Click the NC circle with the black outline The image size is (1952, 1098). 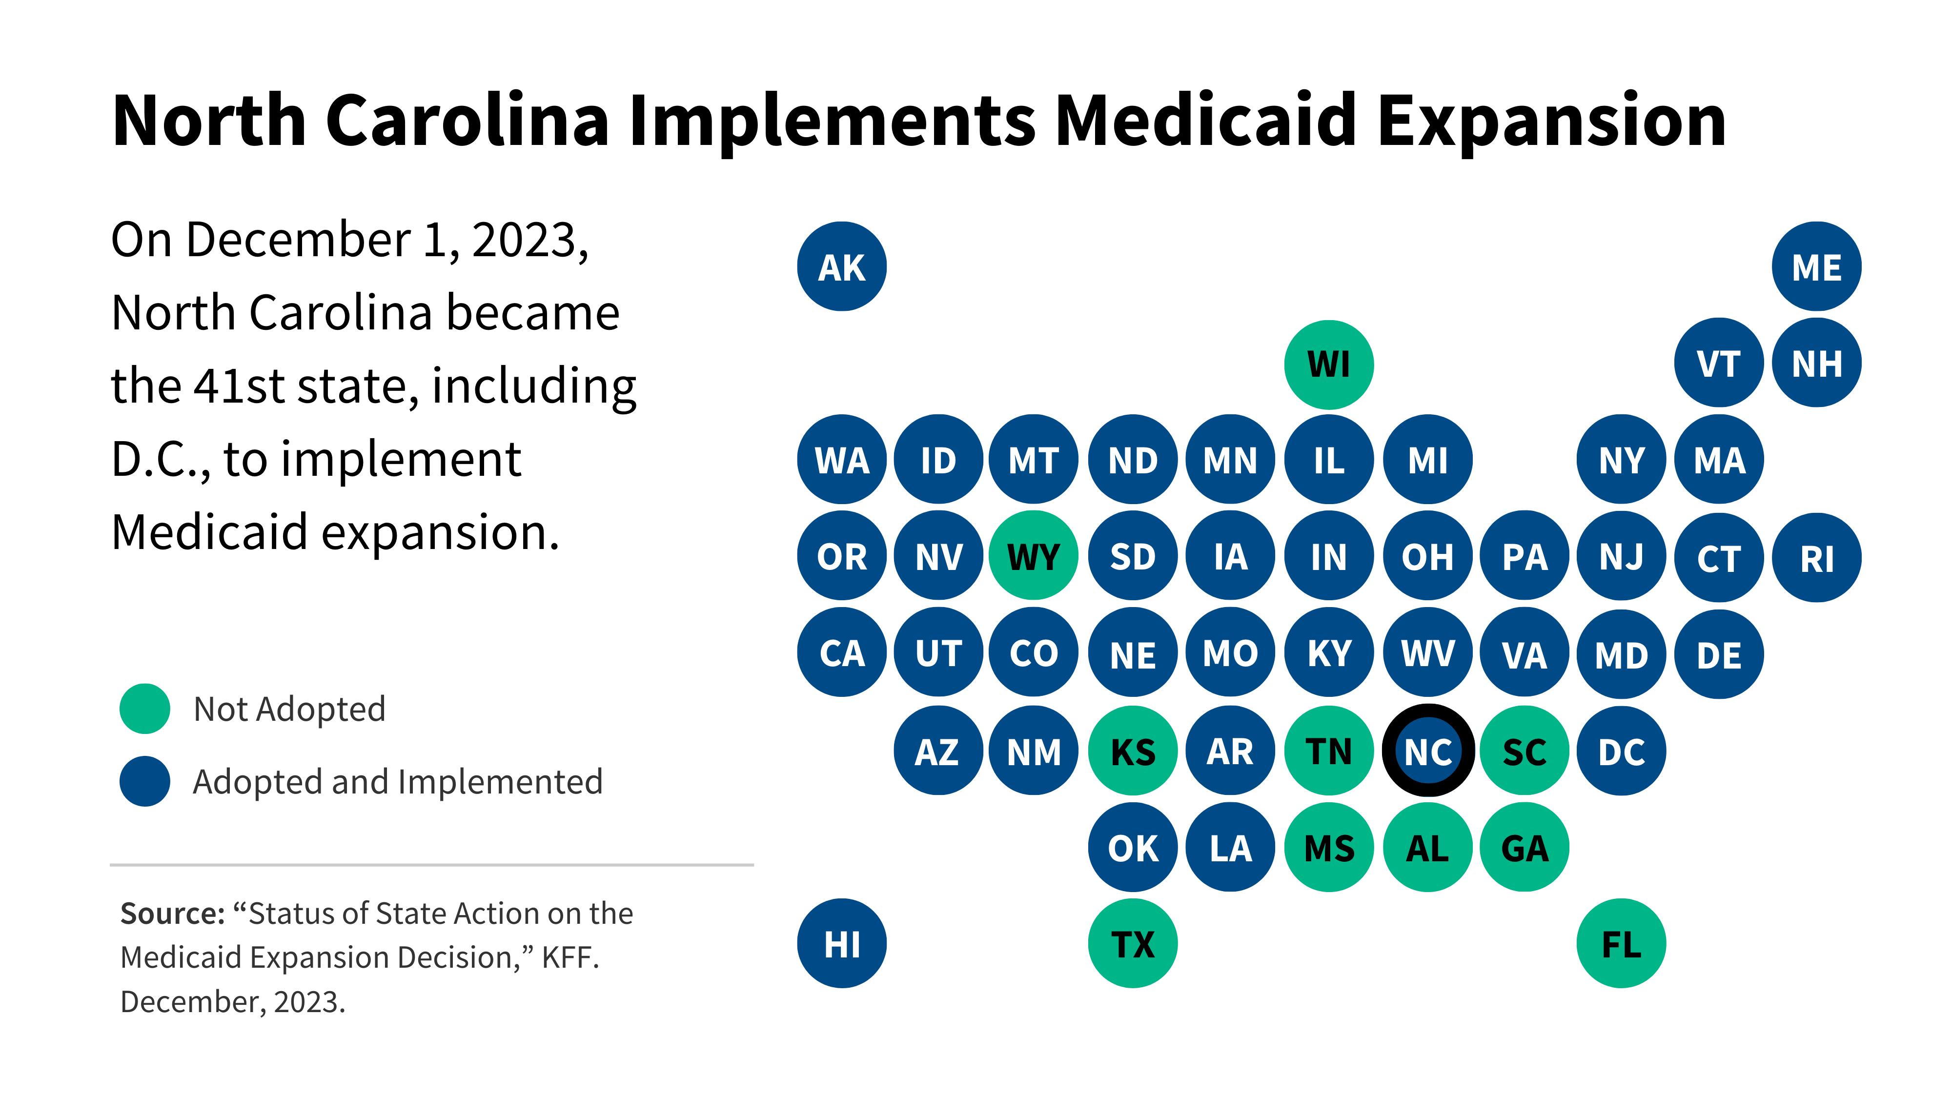point(1427,751)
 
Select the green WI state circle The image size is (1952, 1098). point(1328,365)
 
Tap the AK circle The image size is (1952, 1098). point(841,267)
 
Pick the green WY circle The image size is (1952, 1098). point(1034,557)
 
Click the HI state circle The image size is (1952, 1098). point(841,943)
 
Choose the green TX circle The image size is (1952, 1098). point(1132,943)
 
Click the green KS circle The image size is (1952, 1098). point(1132,751)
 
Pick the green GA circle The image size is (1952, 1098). point(1524,847)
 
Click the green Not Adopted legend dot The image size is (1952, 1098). point(145,709)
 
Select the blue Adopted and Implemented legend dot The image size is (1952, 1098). point(145,781)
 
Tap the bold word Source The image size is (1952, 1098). point(172,914)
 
